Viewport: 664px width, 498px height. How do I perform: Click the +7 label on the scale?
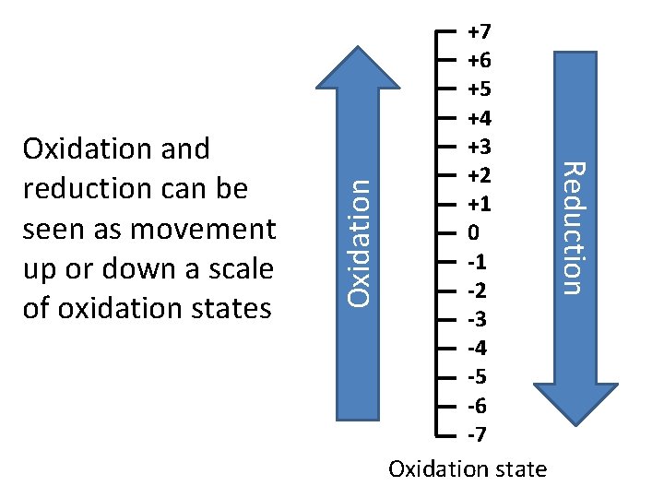coord(479,33)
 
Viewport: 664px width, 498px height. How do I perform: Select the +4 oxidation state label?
coord(479,119)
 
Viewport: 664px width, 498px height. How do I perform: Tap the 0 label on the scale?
coord(473,233)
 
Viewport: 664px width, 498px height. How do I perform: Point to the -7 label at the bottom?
coord(477,433)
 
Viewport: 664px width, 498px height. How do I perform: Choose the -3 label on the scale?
coord(477,319)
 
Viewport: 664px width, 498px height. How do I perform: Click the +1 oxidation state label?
coord(479,205)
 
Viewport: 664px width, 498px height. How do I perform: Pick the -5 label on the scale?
coord(477,376)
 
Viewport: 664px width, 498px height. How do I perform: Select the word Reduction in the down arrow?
coord(574,228)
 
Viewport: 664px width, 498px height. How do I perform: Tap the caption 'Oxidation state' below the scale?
coord(468,469)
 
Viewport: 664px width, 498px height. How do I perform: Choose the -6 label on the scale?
coord(477,405)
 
